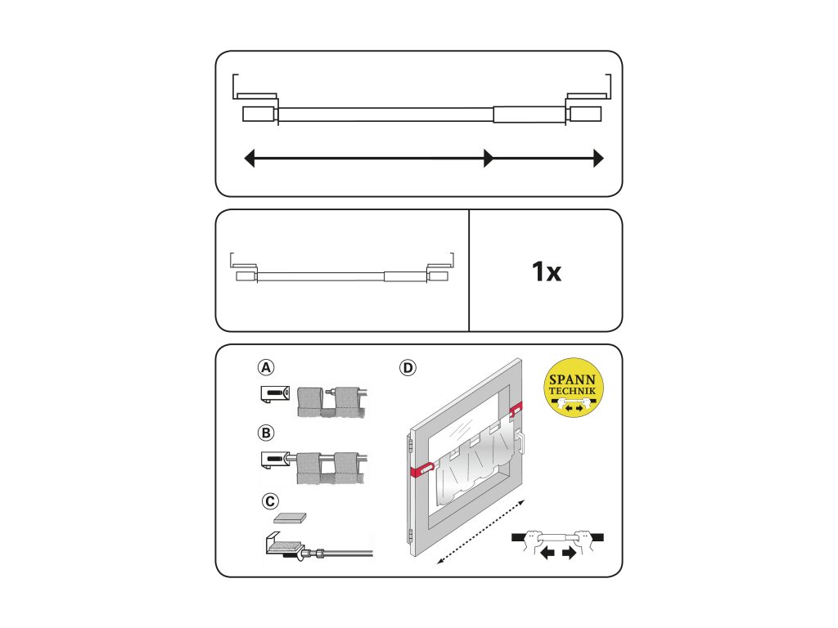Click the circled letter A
[x=266, y=367]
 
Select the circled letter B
[x=266, y=433]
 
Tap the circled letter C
[x=270, y=501]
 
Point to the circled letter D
[x=408, y=367]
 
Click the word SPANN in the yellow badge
[x=572, y=380]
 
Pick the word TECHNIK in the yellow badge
[x=572, y=391]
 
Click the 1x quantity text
[x=546, y=271]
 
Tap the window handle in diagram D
[x=520, y=442]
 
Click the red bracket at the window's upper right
[x=516, y=410]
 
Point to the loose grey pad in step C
[x=291, y=518]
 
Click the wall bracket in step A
[x=275, y=395]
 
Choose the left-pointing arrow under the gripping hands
[x=547, y=553]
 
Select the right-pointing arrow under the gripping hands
[x=570, y=553]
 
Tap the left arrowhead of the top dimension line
[x=249, y=158]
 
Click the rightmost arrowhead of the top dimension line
[x=598, y=158]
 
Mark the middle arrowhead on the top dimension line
[x=489, y=158]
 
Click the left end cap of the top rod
[x=259, y=114]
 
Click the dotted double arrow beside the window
[x=481, y=532]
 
